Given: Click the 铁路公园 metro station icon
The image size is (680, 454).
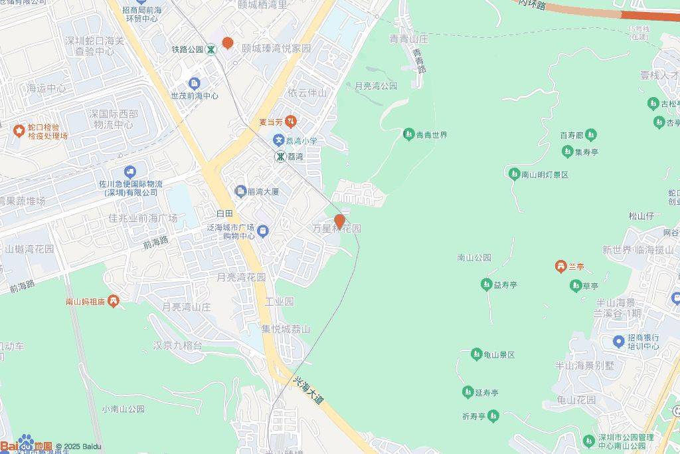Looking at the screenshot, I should coord(211,49).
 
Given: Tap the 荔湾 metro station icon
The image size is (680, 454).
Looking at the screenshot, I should coord(282,156).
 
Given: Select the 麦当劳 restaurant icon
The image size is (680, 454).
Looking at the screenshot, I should coord(291,122).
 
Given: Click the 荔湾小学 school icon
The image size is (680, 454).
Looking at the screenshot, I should coord(279,140).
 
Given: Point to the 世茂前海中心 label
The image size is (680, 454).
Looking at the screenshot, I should coord(194,96).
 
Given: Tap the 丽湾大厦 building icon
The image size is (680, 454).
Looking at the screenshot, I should coord(240,191).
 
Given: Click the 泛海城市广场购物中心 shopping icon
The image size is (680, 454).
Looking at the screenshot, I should coord(263,231).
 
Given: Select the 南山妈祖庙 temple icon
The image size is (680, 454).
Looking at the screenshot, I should coord(114,302).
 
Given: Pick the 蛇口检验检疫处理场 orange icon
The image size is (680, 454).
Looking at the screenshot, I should coord(19,128).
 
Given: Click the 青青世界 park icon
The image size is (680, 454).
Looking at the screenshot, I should coord(408,135).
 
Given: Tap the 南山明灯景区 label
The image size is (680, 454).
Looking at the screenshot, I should coord(545,175).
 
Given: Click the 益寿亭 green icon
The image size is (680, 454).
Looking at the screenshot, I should coord(485,284).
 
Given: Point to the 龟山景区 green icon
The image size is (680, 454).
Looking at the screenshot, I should coord(476,354).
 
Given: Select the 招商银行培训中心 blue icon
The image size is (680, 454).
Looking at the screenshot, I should coord(618,342).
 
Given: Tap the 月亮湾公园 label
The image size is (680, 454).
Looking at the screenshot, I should coord(376,86).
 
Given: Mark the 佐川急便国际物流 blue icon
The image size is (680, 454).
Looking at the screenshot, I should coord(129,173).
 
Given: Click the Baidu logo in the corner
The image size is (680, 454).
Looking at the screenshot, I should coord(27,445).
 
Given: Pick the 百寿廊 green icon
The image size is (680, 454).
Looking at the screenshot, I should coord(590,135).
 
